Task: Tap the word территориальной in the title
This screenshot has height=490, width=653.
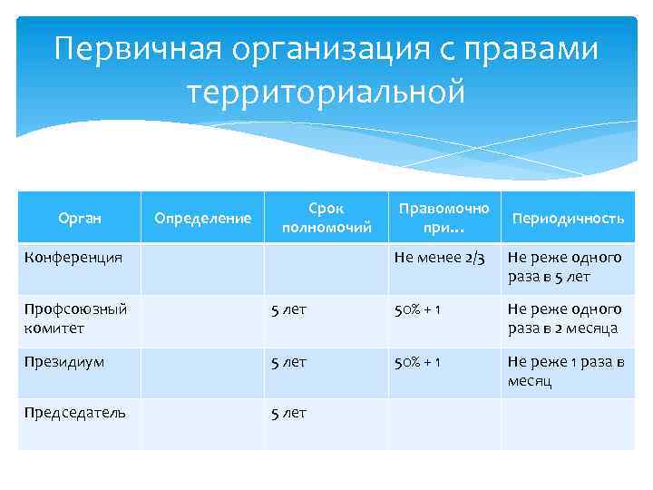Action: pyautogui.click(x=326, y=91)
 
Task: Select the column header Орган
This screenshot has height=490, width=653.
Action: pyautogui.click(x=79, y=218)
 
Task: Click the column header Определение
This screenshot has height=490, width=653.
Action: pyautogui.click(x=202, y=218)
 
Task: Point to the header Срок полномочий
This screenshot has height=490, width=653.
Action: pyautogui.click(x=326, y=218)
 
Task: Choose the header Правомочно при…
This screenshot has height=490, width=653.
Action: pyautogui.click(x=443, y=218)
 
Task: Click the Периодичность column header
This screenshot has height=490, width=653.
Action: pyautogui.click(x=568, y=219)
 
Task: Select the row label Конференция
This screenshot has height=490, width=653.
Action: pyautogui.click(x=73, y=258)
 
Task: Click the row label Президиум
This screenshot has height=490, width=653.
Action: pyautogui.click(x=64, y=362)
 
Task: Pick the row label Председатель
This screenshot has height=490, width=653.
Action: pyautogui.click(x=74, y=412)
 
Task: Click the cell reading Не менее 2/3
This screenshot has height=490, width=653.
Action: pyautogui.click(x=439, y=259)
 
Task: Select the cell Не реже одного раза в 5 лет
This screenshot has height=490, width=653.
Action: pyautogui.click(x=564, y=268)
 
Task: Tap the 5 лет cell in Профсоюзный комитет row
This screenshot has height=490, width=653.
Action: pyautogui.click(x=288, y=309)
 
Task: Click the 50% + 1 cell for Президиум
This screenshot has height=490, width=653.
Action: pyautogui.click(x=417, y=362)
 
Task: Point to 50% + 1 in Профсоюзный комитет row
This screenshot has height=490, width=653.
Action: pyautogui.click(x=417, y=309)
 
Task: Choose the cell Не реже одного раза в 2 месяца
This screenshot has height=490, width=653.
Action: pyautogui.click(x=564, y=318)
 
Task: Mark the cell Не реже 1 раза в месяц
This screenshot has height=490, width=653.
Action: pyautogui.click(x=566, y=371)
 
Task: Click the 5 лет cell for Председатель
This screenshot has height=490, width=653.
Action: pyautogui.click(x=288, y=413)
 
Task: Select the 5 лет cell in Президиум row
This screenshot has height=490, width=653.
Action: pyautogui.click(x=288, y=362)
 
